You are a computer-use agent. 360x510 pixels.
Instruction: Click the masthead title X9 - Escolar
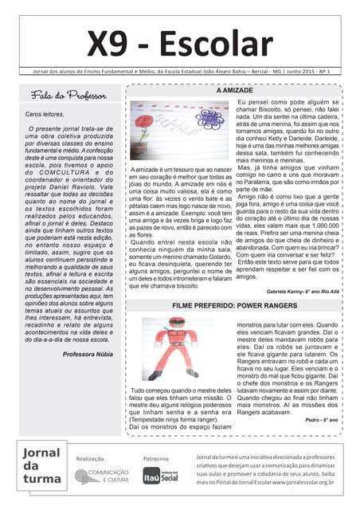point(179,45)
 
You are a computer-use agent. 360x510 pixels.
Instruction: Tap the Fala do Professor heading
point(68,96)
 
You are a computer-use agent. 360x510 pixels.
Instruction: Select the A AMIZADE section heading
point(235,92)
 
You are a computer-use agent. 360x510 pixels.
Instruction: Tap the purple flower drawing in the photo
point(209,120)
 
